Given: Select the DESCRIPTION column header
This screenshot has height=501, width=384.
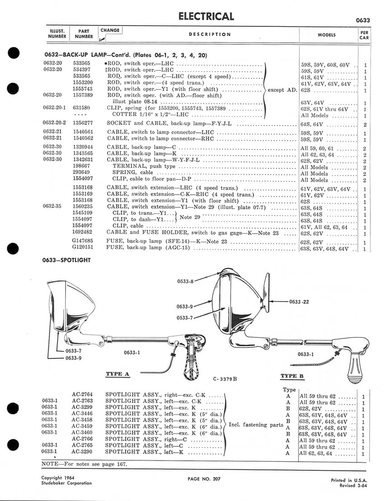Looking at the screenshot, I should coord(210,34).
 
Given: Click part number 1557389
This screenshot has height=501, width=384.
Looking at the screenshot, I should coord(82,95).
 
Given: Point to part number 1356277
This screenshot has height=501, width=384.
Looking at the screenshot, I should coord(82,123).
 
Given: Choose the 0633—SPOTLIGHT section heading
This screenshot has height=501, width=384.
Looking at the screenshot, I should coord(66,261).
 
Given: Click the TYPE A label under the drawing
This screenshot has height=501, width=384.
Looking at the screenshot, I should coord(117,374).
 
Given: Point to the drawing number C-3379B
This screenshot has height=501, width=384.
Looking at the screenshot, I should coord(225,378).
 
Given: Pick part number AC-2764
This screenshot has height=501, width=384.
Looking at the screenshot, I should coord(82,394).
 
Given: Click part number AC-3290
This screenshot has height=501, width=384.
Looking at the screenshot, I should coord(82,452).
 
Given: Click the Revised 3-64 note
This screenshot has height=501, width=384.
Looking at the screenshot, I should coord(355,485).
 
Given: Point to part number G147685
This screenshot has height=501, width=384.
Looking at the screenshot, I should coord(82,241).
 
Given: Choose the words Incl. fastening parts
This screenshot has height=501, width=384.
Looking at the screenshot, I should coord(256,424).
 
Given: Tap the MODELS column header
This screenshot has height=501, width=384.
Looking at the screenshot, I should coord(329,34).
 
